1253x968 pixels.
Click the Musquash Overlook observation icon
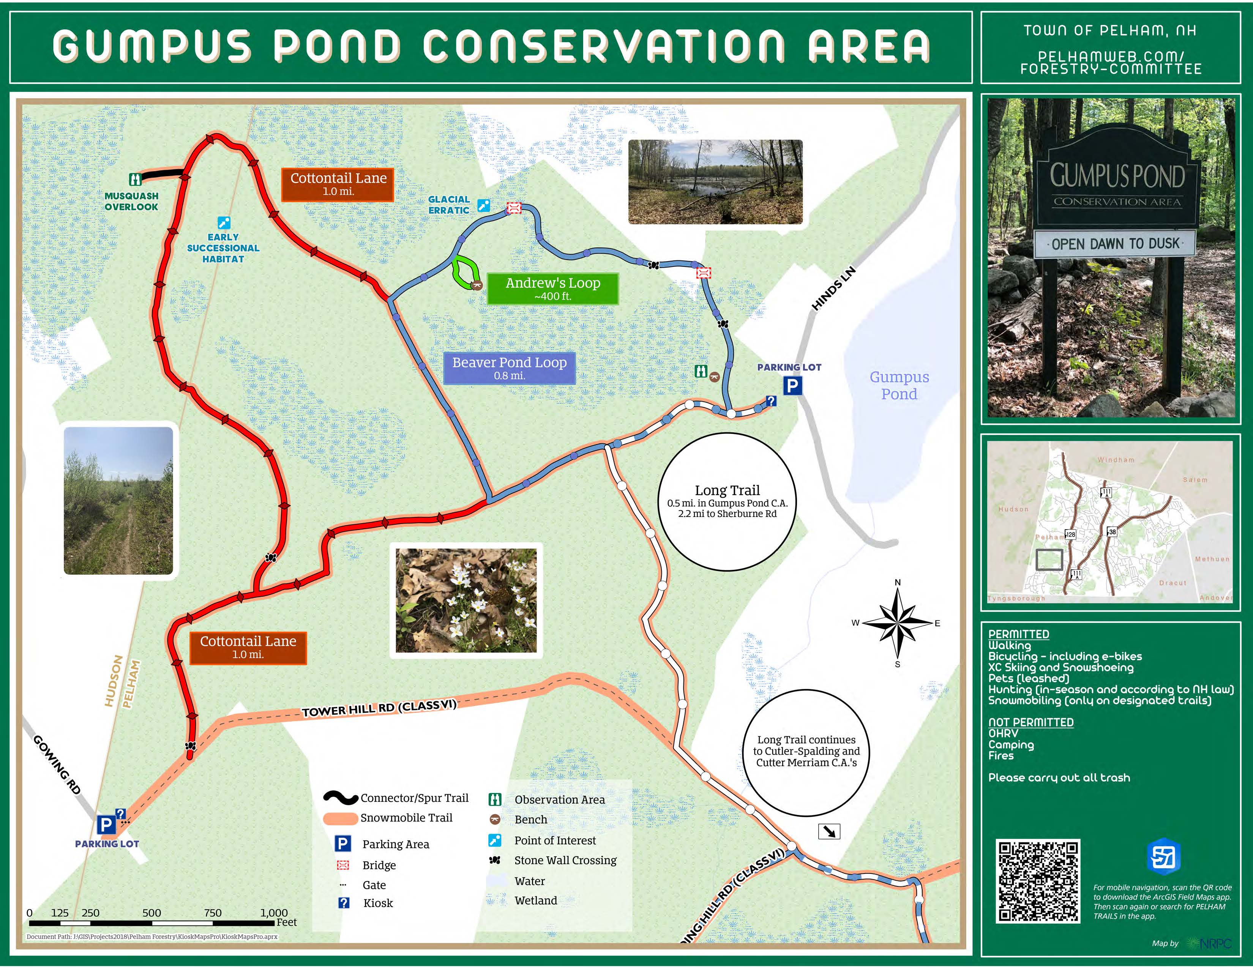tap(136, 180)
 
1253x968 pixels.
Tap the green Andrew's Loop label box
tap(552, 289)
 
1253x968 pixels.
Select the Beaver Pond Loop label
tap(509, 367)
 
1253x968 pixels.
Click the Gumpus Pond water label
tap(899, 385)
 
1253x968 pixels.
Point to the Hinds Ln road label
tap(833, 289)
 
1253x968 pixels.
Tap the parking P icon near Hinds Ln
tap(792, 386)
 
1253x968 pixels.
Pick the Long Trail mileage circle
tap(727, 502)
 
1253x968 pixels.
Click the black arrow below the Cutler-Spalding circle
tap(829, 831)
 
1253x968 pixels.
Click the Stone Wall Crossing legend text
tap(565, 860)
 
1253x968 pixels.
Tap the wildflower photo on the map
tap(466, 601)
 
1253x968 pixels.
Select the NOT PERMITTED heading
tap(1030, 722)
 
